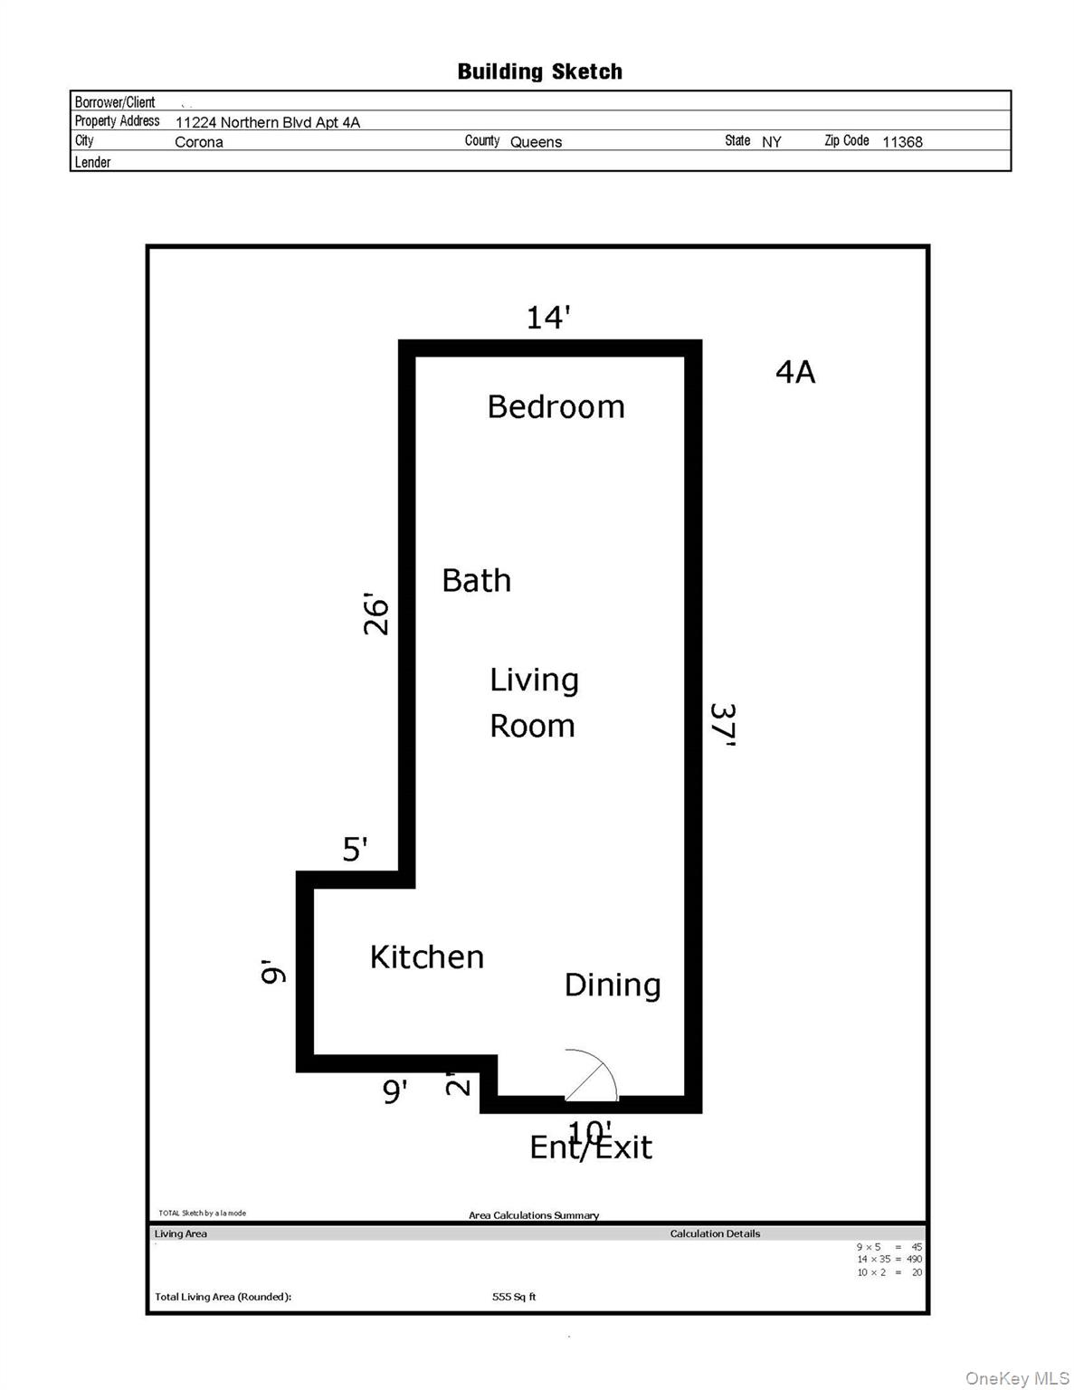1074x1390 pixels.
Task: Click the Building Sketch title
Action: (539, 71)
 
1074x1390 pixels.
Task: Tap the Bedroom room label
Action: (556, 407)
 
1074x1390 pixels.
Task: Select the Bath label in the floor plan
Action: (476, 580)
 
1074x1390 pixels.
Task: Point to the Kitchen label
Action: (426, 957)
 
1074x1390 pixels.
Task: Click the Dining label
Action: (613, 985)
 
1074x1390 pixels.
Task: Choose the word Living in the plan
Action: (534, 681)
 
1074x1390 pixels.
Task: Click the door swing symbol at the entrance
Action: (589, 1077)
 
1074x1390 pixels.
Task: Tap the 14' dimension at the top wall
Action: (548, 318)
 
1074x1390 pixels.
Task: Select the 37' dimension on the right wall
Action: (722, 725)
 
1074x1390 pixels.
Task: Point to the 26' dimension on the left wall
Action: (376, 614)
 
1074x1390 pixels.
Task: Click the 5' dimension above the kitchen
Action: (355, 850)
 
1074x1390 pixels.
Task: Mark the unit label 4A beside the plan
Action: (795, 372)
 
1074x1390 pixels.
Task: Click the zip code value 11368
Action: (902, 142)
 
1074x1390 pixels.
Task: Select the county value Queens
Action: (536, 142)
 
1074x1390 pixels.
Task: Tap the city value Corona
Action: (198, 142)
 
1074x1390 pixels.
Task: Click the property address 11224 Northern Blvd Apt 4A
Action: (267, 122)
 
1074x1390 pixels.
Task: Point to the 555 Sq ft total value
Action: (514, 1297)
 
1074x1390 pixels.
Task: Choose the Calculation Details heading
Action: (715, 1233)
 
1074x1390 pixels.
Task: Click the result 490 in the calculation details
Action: (914, 1259)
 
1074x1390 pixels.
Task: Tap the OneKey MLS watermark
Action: (1017, 1378)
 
